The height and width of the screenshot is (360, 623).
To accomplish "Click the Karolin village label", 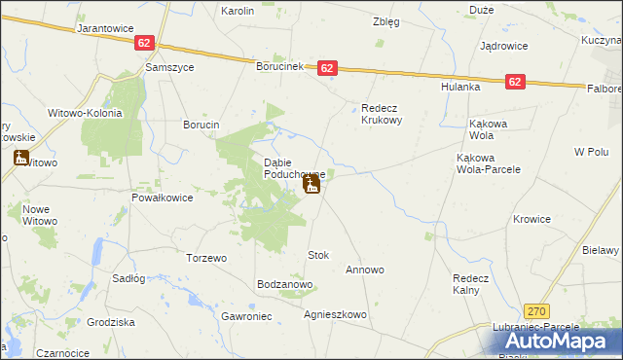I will pos(238,11).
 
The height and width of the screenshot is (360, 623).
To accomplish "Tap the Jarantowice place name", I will pos(105,28).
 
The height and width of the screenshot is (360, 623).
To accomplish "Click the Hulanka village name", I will pos(462,87).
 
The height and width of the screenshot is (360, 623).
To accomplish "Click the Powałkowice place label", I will pos(163,197).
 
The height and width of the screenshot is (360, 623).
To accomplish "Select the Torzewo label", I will pos(206,258).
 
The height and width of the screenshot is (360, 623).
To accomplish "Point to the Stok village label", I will pos(318,255).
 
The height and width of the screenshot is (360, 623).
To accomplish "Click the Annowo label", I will pos(365,270).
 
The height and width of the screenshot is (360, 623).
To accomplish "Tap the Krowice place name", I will pos(532,219).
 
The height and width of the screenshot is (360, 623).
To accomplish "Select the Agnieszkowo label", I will pos(335,314).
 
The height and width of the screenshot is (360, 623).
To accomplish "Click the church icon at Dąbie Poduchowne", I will pos(312,184).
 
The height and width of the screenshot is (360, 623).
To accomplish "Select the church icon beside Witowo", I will pos(21,158).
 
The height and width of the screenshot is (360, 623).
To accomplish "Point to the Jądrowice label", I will pos(503,46).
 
